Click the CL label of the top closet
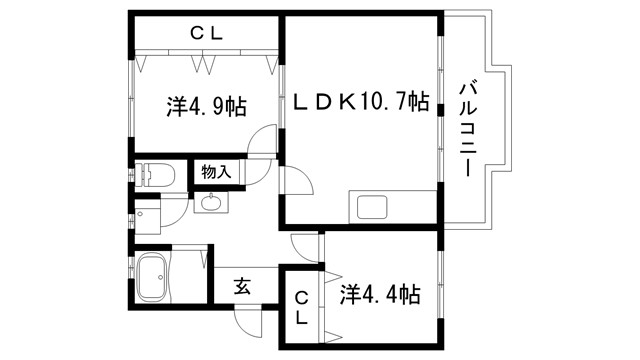208,33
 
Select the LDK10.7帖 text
362,102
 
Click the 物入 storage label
216,171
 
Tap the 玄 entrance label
243,285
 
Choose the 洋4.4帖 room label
380,295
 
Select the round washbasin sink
211,204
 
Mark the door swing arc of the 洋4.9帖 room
262,142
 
